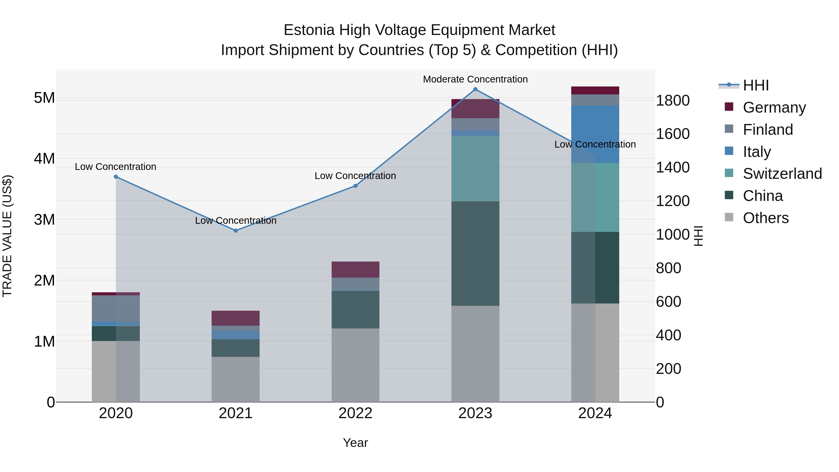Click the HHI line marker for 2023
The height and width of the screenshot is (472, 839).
pos(475,89)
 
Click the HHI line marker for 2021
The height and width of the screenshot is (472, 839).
pos(236,231)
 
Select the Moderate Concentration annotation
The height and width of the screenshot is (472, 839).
pos(475,79)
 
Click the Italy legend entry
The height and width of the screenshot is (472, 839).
pos(756,152)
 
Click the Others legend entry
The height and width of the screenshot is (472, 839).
pos(765,218)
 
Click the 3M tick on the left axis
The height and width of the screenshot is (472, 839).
pos(45,220)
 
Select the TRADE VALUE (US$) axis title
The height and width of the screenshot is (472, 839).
pos(7,236)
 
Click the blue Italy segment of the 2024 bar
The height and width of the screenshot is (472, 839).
pos(595,134)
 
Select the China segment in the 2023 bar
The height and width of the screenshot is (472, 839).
pos(475,253)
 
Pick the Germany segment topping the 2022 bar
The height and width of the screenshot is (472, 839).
pos(355,269)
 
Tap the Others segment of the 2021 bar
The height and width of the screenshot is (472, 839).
pos(236,379)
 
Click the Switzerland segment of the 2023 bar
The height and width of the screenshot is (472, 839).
pos(475,169)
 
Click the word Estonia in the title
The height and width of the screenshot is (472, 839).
pos(309,30)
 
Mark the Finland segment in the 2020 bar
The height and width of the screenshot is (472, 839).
pos(116,308)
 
